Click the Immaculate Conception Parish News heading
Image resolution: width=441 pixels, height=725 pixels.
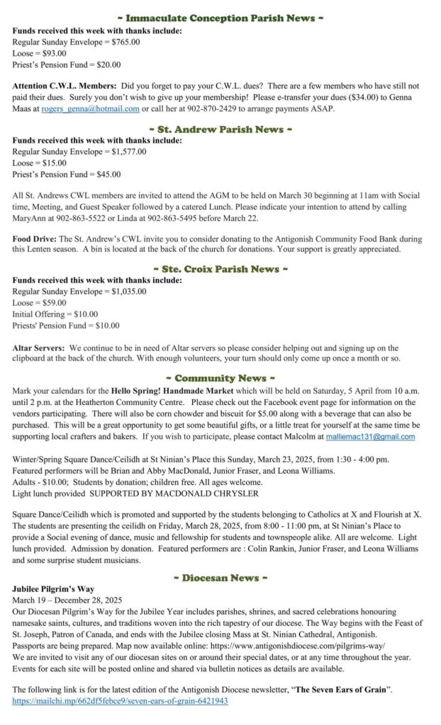pos(220,18)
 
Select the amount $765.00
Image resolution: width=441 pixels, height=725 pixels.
pos(125,42)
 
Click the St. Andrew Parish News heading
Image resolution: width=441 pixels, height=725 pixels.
pos(220,130)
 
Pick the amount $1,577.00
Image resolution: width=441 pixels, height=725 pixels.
pos(130,152)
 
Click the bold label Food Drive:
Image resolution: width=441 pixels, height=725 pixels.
pos(35,239)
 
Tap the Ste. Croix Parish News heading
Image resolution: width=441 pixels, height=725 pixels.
pos(220,269)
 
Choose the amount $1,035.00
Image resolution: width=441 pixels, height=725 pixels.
pos(130,291)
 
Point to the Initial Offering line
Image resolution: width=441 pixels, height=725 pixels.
pos(55,314)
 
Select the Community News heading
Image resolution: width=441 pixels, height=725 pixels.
pos(220,378)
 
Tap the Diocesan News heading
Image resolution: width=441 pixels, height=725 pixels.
pos(220,578)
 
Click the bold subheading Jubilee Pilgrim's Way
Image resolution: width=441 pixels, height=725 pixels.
pos(53,589)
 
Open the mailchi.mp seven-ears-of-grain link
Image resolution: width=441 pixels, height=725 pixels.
pos(120,701)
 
